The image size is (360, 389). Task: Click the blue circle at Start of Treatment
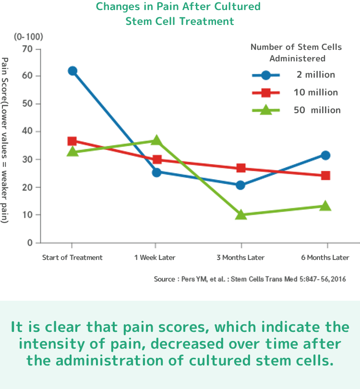coord(72,71)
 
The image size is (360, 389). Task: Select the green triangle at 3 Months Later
coord(241,214)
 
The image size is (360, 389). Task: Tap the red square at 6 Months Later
coord(325,175)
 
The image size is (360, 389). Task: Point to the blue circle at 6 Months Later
coord(325,155)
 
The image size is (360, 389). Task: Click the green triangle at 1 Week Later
coord(156,141)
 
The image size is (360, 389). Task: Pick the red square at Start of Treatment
coord(72,141)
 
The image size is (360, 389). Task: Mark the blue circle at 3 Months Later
coord(241,185)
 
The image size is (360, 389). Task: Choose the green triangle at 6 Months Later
coord(325,206)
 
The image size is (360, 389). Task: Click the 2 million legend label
coord(315,75)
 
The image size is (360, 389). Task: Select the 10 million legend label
coord(315,93)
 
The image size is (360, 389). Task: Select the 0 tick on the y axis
coord(30,243)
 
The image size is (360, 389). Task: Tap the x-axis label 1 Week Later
coord(155,258)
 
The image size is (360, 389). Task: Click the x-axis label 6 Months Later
coord(325,258)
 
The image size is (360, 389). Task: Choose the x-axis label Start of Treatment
coord(72,258)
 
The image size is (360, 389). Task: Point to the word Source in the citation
coord(165,279)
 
